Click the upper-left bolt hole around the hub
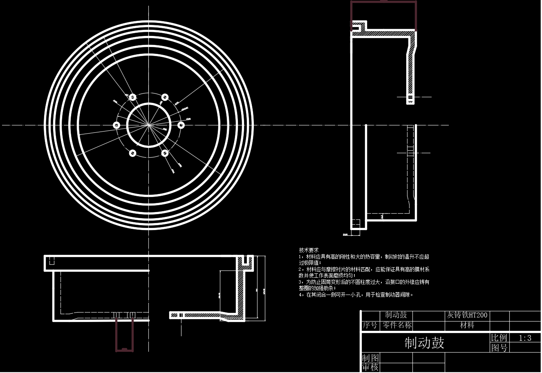132,97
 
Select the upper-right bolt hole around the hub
165,97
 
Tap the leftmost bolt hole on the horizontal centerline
116,125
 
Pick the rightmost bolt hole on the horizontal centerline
181,125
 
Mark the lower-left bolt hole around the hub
132,153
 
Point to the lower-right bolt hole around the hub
165,153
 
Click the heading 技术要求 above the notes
309,250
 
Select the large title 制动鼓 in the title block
424,342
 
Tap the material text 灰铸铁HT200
467,315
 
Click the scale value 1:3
525,338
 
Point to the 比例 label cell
499,338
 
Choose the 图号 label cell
499,348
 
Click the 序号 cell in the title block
370,325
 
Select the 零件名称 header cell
396,325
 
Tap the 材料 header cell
467,325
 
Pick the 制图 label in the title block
370,358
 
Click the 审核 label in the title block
370,367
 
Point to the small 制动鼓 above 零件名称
396,315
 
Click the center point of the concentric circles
148,125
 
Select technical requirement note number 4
356,295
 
